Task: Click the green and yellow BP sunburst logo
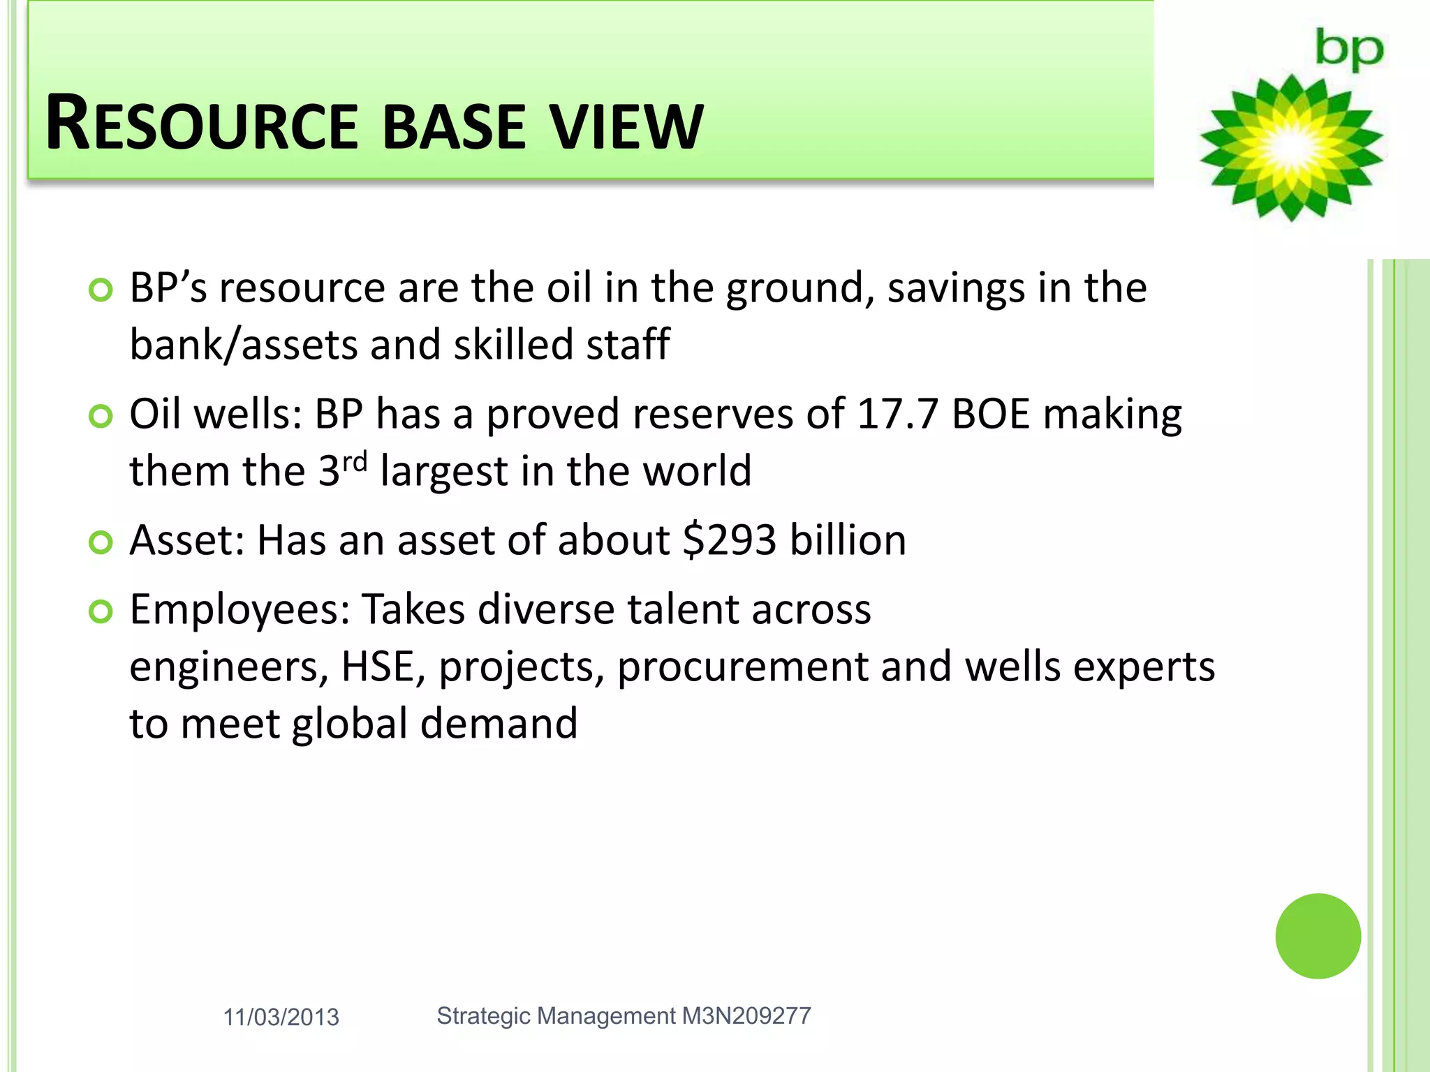[x=1291, y=148]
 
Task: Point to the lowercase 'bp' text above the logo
[x=1348, y=50]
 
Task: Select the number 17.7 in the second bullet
[x=897, y=414]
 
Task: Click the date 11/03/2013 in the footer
[x=281, y=1018]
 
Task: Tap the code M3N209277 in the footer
[x=746, y=1016]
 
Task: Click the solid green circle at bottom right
[x=1318, y=936]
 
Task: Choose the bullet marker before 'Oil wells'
[x=101, y=417]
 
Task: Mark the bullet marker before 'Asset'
[x=101, y=542]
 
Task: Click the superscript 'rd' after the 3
[x=354, y=461]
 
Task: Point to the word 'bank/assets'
[x=242, y=345]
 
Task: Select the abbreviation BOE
[x=990, y=414]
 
